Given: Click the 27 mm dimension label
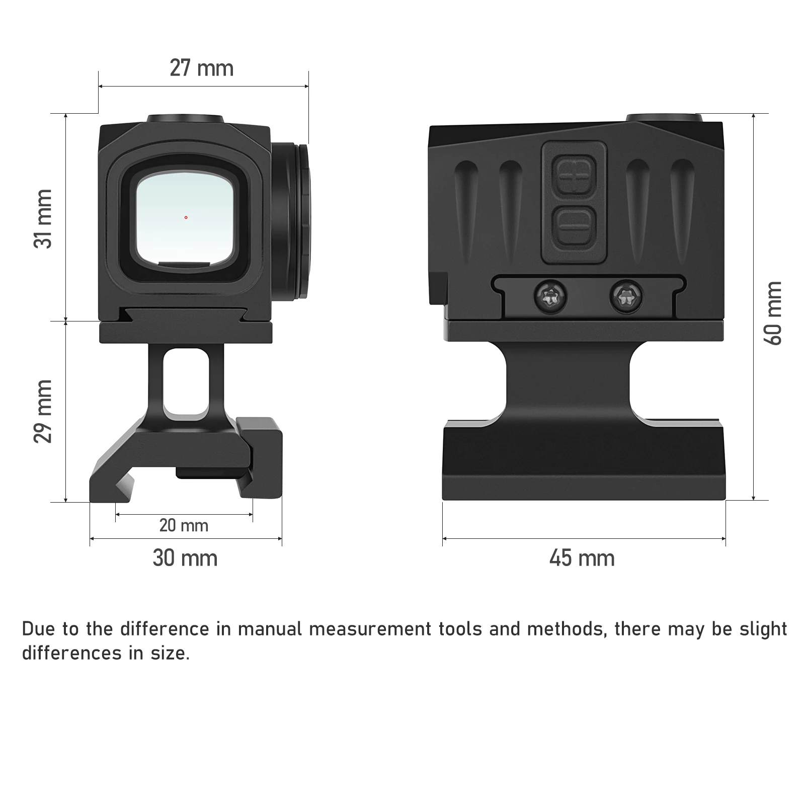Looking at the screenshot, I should [201, 68].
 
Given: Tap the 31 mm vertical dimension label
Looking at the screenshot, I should [43, 218].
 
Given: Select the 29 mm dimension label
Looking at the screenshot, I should [43, 411].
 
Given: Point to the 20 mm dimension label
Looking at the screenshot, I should [184, 526].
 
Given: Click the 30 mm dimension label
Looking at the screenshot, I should [185, 558].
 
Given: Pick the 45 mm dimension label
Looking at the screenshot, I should [582, 558].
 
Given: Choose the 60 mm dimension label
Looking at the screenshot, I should [773, 313].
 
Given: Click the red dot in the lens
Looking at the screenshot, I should [186, 217].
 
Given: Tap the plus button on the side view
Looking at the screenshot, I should [574, 176].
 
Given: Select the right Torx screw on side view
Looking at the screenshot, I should [626, 296].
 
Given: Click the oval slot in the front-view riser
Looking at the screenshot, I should [186, 382].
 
